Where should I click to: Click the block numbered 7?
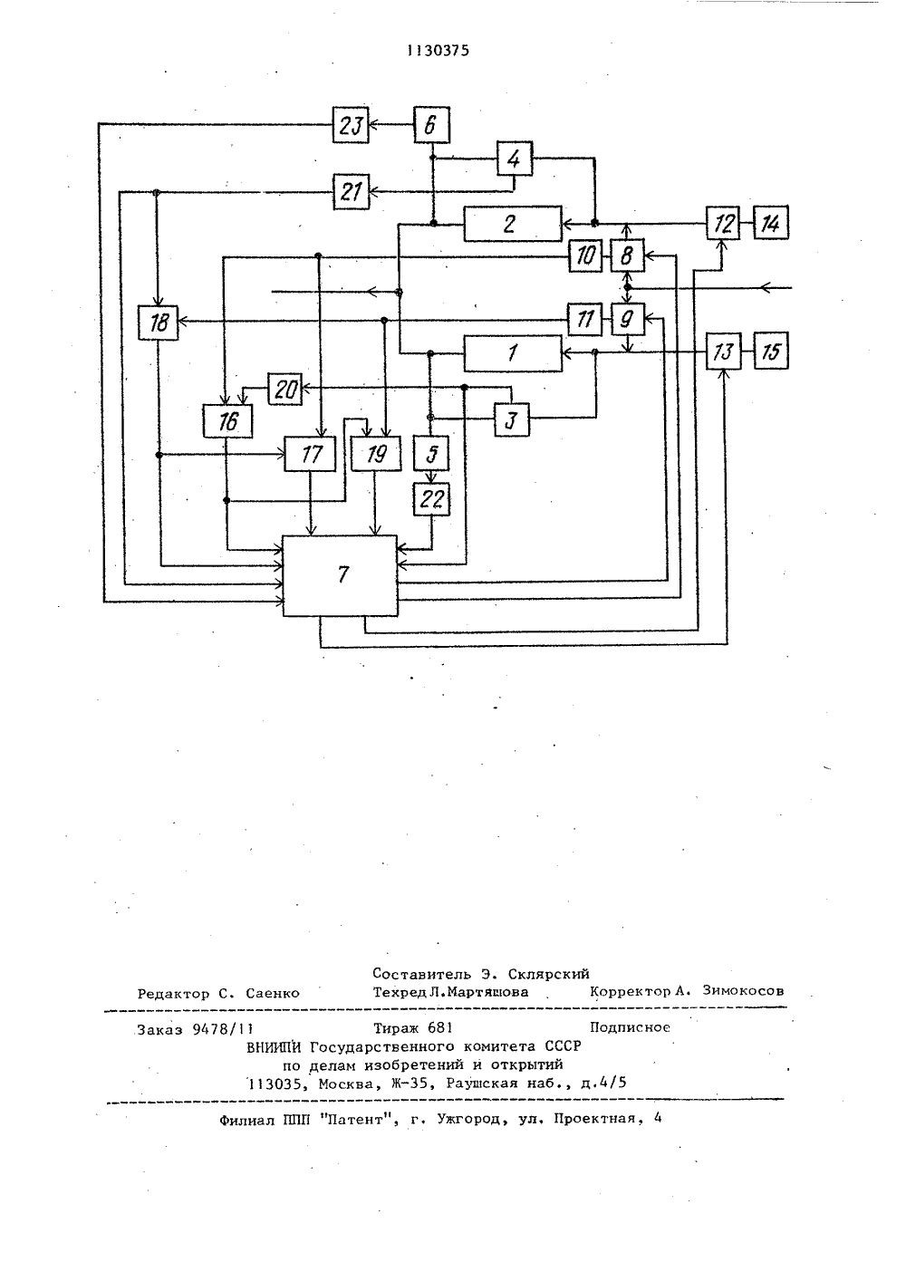pyautogui.click(x=340, y=575)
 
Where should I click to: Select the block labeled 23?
pyautogui.click(x=351, y=125)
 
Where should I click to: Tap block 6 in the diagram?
pyautogui.click(x=432, y=125)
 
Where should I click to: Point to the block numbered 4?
pyautogui.click(x=515, y=159)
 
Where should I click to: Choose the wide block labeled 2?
pyautogui.click(x=513, y=224)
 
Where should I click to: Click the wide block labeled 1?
pyautogui.click(x=513, y=353)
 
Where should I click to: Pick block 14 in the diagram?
pyautogui.click(x=771, y=223)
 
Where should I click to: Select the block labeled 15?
pyautogui.click(x=771, y=351)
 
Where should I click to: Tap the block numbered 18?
pyautogui.click(x=158, y=323)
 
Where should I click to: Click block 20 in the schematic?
pyautogui.click(x=284, y=390)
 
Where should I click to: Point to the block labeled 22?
pyautogui.click(x=432, y=499)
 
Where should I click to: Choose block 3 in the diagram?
pyautogui.click(x=511, y=419)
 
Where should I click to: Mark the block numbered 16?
pyautogui.click(x=227, y=421)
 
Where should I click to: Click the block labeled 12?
pyautogui.click(x=723, y=223)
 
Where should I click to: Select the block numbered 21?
pyautogui.click(x=351, y=191)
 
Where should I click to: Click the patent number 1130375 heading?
pyautogui.click(x=439, y=51)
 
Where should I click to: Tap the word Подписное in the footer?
pyautogui.click(x=630, y=1027)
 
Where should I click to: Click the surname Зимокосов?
pyautogui.click(x=743, y=991)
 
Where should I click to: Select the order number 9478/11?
pyautogui.click(x=223, y=1030)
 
